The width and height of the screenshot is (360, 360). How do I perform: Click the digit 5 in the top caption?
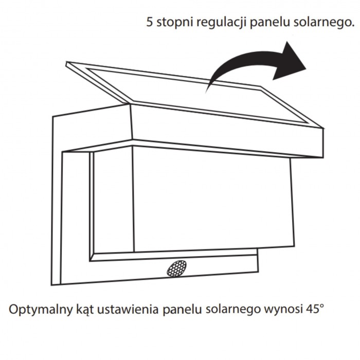coord(150,22)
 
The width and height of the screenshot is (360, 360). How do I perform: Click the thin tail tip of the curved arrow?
coord(206,92)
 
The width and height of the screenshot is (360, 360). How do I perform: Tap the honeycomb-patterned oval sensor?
coord(176,268)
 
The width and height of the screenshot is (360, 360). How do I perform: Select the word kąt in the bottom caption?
coord(85,310)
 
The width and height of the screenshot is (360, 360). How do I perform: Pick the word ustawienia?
coord(128,309)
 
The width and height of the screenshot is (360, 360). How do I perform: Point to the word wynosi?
coord(283,310)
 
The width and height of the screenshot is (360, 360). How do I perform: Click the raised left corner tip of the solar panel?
coord(66,62)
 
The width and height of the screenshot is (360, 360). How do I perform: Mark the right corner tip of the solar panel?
coord(323,128)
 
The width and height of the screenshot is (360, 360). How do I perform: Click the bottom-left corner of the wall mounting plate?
coord(51,285)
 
